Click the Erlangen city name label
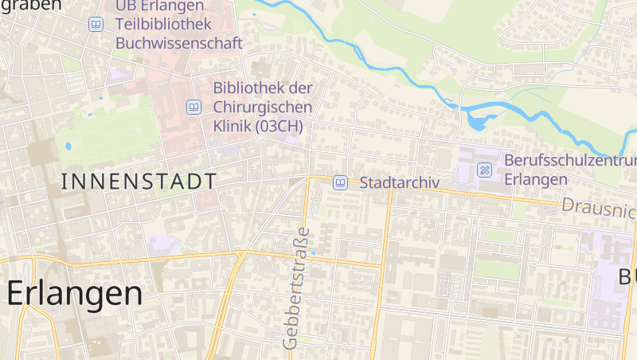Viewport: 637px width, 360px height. coord(75,293)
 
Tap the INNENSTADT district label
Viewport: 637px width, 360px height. coord(139,182)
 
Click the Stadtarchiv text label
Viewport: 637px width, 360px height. coord(399,182)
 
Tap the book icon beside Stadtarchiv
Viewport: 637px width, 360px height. coord(340,182)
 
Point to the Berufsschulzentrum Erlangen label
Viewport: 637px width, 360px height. coord(569,170)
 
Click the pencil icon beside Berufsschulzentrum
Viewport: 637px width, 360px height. coord(484,170)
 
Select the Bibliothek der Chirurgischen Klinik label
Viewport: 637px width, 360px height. coord(263,107)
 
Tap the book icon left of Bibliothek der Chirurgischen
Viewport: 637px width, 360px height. coord(193,107)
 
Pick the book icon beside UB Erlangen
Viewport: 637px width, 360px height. coord(96,25)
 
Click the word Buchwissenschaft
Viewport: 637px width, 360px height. coord(178,43)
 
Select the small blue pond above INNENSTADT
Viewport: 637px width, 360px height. coord(68,147)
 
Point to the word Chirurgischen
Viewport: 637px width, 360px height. coord(263,107)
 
